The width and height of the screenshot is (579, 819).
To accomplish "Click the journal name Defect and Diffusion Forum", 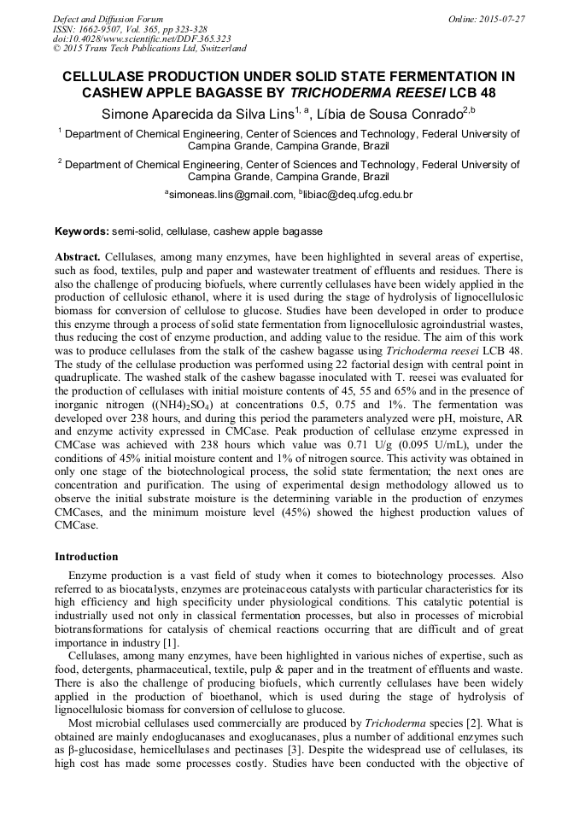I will coord(108,19).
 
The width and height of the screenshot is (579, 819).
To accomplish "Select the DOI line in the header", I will coord(142,39).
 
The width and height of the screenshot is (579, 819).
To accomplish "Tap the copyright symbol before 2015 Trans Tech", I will coord(56,50).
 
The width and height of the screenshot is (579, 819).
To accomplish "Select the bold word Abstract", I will coord(78,257).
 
